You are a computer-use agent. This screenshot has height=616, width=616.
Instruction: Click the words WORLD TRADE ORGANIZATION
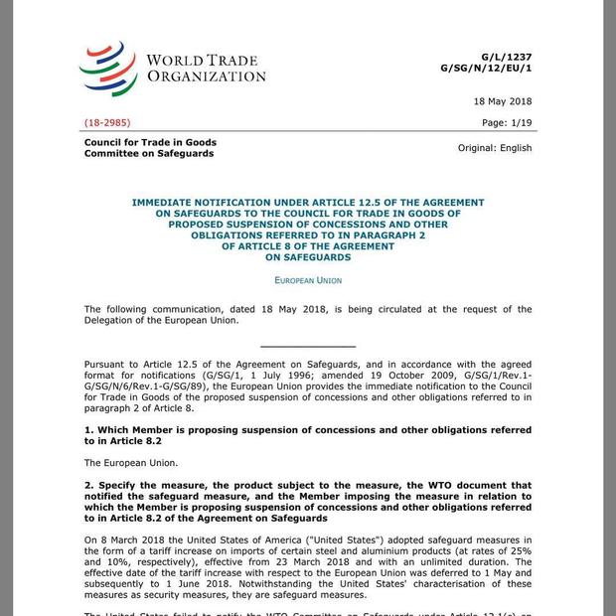pyautogui.click(x=206, y=68)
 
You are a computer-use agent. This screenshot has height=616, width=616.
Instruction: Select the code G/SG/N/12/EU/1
pyautogui.click(x=486, y=68)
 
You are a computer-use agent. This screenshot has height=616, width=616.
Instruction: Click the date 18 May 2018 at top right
pyautogui.click(x=502, y=101)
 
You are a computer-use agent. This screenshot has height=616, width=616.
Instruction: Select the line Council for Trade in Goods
pyautogui.click(x=150, y=142)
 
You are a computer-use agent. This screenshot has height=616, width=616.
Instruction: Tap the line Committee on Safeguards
pyautogui.click(x=149, y=154)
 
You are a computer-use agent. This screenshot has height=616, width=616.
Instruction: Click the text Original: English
pyautogui.click(x=494, y=148)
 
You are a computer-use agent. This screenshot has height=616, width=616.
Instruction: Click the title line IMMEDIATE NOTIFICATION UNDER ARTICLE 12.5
pyautogui.click(x=308, y=202)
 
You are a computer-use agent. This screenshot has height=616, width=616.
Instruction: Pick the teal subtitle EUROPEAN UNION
pyautogui.click(x=308, y=281)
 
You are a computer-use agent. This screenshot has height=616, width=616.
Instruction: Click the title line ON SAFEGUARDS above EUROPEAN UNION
pyautogui.click(x=308, y=257)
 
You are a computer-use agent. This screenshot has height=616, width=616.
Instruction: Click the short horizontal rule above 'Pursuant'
pyautogui.click(x=308, y=345)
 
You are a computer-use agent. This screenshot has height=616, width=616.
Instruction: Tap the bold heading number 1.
pyautogui.click(x=88, y=430)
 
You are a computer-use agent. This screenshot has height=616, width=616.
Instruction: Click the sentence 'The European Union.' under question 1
pyautogui.click(x=131, y=462)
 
